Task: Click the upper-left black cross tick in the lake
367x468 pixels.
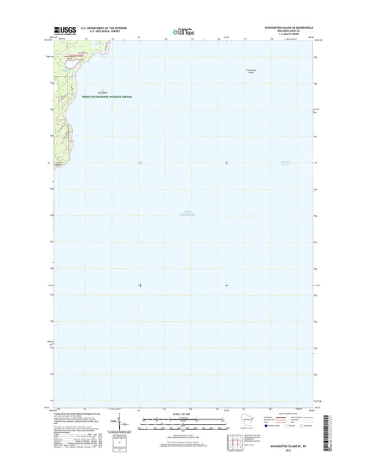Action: (x=140, y=163)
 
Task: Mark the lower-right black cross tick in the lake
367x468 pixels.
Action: (x=227, y=285)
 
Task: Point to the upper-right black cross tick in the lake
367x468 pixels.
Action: (x=227, y=163)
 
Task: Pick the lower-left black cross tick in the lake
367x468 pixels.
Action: (x=140, y=285)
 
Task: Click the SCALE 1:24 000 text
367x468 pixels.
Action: (x=182, y=413)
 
